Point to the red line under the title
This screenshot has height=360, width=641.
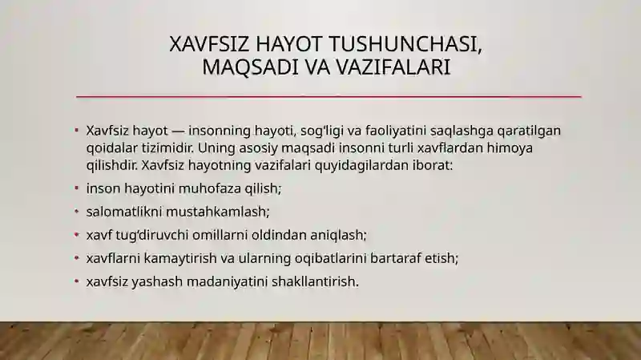point(329,97)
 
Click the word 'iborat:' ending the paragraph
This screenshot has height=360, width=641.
point(433,167)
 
